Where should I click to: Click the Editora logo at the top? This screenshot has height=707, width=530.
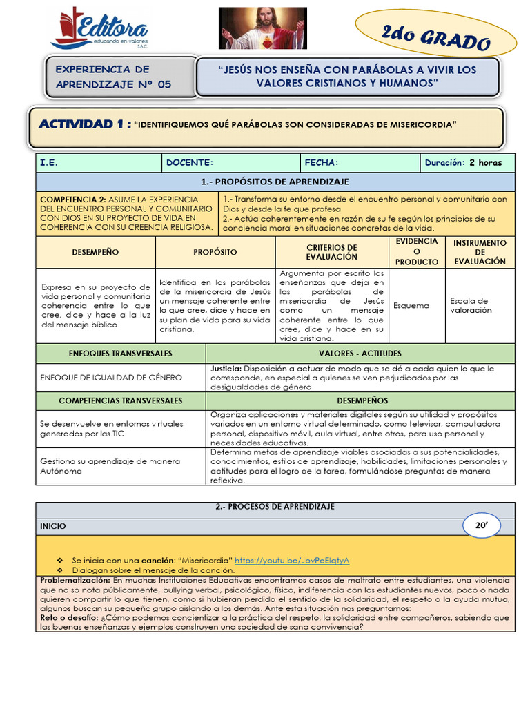coord(100,28)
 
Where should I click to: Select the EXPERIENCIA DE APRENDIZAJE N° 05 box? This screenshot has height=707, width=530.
coord(113,77)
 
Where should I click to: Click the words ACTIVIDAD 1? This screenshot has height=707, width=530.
coord(85,124)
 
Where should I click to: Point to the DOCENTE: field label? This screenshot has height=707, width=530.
coord(190,163)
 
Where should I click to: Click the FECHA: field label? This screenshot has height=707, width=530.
coord(322,163)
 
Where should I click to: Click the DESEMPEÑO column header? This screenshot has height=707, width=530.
coord(95,253)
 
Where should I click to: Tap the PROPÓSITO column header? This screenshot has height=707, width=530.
coord(215,253)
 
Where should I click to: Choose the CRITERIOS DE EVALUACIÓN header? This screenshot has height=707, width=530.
coord(331,252)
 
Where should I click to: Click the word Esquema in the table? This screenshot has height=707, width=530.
coord(411,305)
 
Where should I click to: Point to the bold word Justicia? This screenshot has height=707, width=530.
coord(226,369)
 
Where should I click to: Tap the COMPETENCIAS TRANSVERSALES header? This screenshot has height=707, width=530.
coord(121,400)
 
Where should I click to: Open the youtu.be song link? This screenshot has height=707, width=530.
coord(292,560)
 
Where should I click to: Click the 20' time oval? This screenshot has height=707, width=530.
coord(481,525)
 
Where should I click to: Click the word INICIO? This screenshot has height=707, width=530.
coord(53,526)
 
